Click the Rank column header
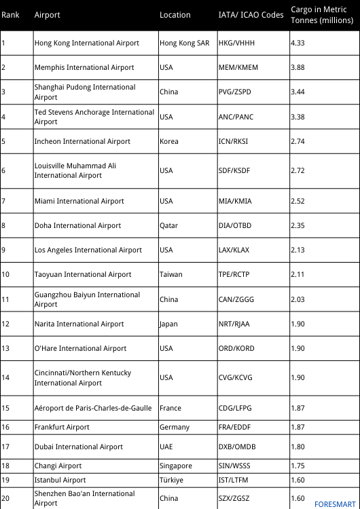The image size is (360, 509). coord(10,15)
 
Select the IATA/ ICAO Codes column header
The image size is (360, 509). coord(251,15)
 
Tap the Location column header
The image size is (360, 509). coord(175,15)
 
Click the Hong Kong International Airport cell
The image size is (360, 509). coord(87,43)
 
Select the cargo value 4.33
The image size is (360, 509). coord(298,43)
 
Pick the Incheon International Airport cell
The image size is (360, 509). coord(82,141)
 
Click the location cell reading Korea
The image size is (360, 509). coord(169,141)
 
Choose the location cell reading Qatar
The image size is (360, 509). coord(169,225)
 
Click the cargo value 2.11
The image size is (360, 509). coord(298,274)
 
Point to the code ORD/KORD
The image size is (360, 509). coord(236,348)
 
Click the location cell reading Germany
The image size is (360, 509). coord(175,427)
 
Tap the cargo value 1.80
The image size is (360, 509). coord(298,447)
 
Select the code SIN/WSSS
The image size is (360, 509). coord(235,466)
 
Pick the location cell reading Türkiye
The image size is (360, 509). coord(171,480)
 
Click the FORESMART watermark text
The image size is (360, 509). coord(335,504)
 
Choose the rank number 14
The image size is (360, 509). coord(5,377)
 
